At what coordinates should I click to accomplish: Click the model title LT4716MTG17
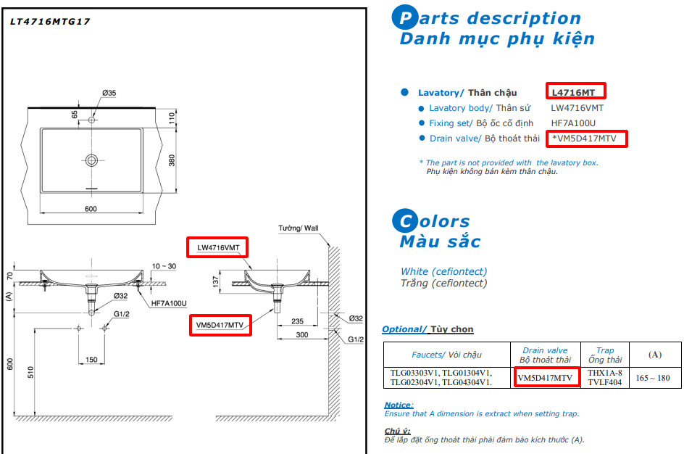click(x=50, y=22)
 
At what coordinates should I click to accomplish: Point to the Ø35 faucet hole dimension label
click(x=109, y=93)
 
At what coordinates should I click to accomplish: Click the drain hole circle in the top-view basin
click(x=91, y=160)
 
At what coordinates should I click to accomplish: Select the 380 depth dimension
click(x=172, y=160)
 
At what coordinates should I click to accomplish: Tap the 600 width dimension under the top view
click(x=91, y=209)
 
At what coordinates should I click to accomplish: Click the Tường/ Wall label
click(x=299, y=228)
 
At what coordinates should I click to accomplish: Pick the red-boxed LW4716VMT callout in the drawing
click(x=217, y=247)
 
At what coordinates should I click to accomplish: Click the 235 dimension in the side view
click(x=296, y=321)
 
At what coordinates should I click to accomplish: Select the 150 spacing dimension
click(x=91, y=360)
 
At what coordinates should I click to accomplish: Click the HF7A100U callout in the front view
click(x=170, y=303)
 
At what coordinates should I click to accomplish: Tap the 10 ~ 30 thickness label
click(x=164, y=266)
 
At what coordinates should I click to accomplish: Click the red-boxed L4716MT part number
click(x=575, y=92)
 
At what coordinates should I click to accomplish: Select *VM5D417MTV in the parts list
click(x=588, y=139)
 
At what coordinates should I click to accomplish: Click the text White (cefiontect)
click(x=444, y=271)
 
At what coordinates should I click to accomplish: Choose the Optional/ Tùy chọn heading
click(x=427, y=329)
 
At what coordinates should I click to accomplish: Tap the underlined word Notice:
click(x=399, y=405)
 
